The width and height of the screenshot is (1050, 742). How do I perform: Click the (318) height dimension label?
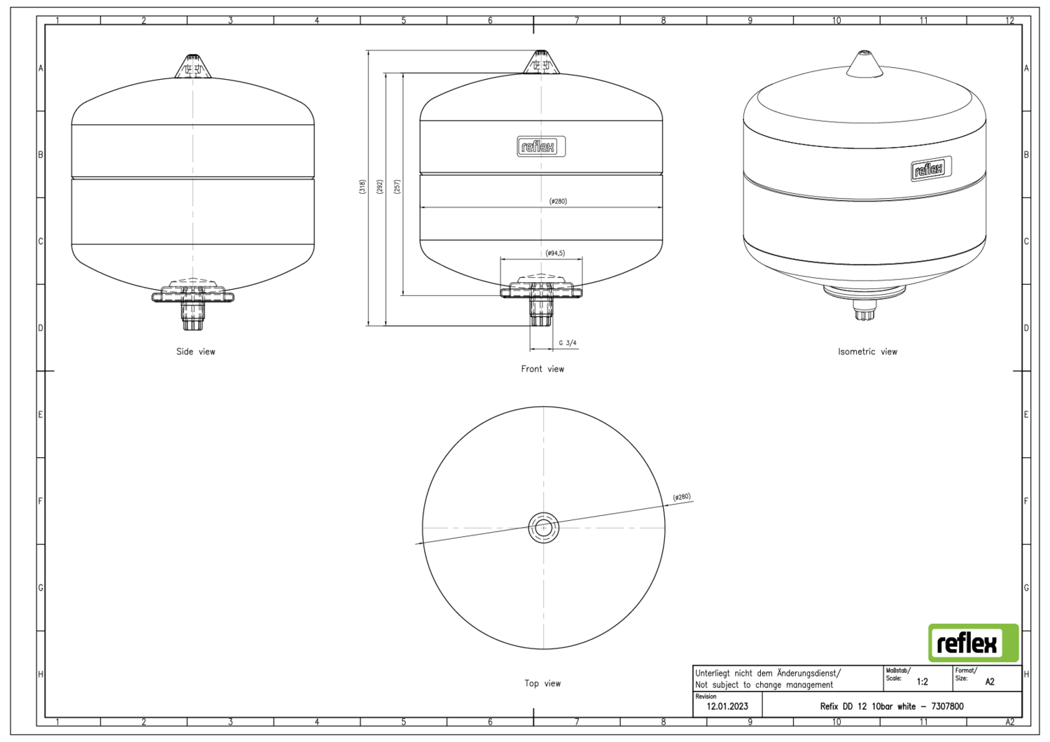[362, 187]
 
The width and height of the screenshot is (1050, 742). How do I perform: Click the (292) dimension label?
[379, 187]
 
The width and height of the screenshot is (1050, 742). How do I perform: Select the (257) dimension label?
[397, 187]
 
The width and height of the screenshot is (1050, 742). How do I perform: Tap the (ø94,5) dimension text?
[555, 253]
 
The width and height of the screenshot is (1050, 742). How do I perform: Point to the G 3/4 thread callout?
[568, 343]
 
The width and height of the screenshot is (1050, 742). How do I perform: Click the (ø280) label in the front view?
[558, 202]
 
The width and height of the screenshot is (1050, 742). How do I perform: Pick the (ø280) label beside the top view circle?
[682, 497]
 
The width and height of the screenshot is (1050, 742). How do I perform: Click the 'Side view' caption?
[195, 351]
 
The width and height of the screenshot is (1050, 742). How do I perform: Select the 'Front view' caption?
[542, 369]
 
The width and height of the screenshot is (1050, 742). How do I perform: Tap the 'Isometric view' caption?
[867, 351]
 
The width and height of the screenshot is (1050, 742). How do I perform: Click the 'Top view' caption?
[542, 683]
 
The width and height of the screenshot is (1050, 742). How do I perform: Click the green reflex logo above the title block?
[973, 643]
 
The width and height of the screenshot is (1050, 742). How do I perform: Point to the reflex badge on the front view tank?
[541, 146]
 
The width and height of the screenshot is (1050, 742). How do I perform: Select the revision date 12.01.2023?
[727, 706]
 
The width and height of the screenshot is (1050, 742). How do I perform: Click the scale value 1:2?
[922, 681]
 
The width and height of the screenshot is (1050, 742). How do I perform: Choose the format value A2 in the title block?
[989, 681]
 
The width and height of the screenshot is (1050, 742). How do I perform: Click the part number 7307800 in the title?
[947, 706]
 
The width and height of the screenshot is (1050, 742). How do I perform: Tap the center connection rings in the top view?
[544, 528]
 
